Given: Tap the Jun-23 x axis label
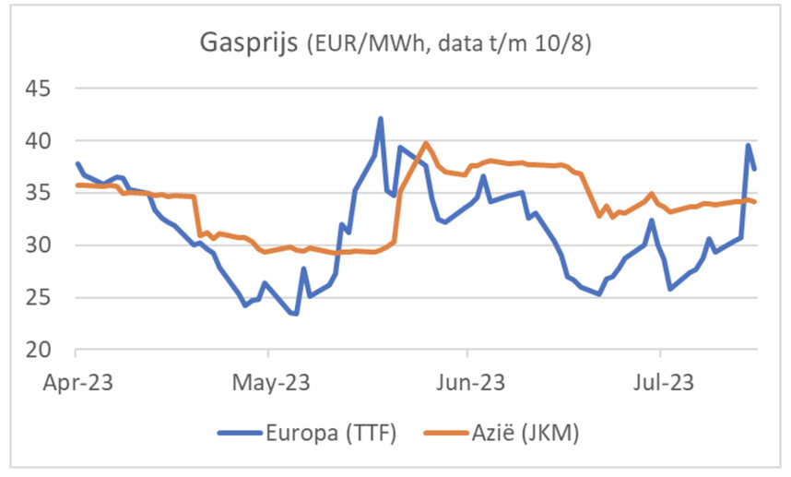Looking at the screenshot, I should click(x=467, y=381).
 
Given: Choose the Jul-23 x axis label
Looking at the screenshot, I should click(x=661, y=381).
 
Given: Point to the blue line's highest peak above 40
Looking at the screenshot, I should click(x=380, y=119).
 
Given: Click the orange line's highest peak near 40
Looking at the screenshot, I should click(x=425, y=143).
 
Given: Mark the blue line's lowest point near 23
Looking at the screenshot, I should click(x=295, y=314).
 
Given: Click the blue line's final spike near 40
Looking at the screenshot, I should click(x=749, y=145).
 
